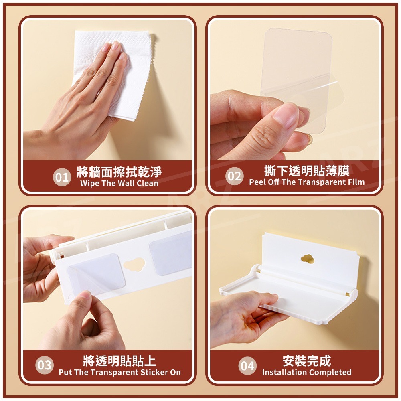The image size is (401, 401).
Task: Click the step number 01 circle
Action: click(x=62, y=177)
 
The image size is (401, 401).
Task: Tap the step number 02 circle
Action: click(x=235, y=176)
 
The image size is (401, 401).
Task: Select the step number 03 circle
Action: click(x=45, y=365)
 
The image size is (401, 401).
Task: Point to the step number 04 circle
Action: click(x=247, y=366)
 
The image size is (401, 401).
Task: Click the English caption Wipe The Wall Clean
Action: click(x=119, y=184)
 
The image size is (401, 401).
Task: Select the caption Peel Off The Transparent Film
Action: click(x=307, y=182)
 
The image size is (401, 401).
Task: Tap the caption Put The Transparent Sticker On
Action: click(x=119, y=372)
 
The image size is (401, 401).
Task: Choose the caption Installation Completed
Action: click(x=307, y=372)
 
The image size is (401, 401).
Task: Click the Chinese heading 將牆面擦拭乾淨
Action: click(x=119, y=172)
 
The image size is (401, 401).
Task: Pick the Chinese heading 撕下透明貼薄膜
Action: click(x=307, y=170)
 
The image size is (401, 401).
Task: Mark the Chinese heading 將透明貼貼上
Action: click(x=119, y=360)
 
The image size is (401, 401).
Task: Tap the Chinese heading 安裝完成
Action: click(x=307, y=360)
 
